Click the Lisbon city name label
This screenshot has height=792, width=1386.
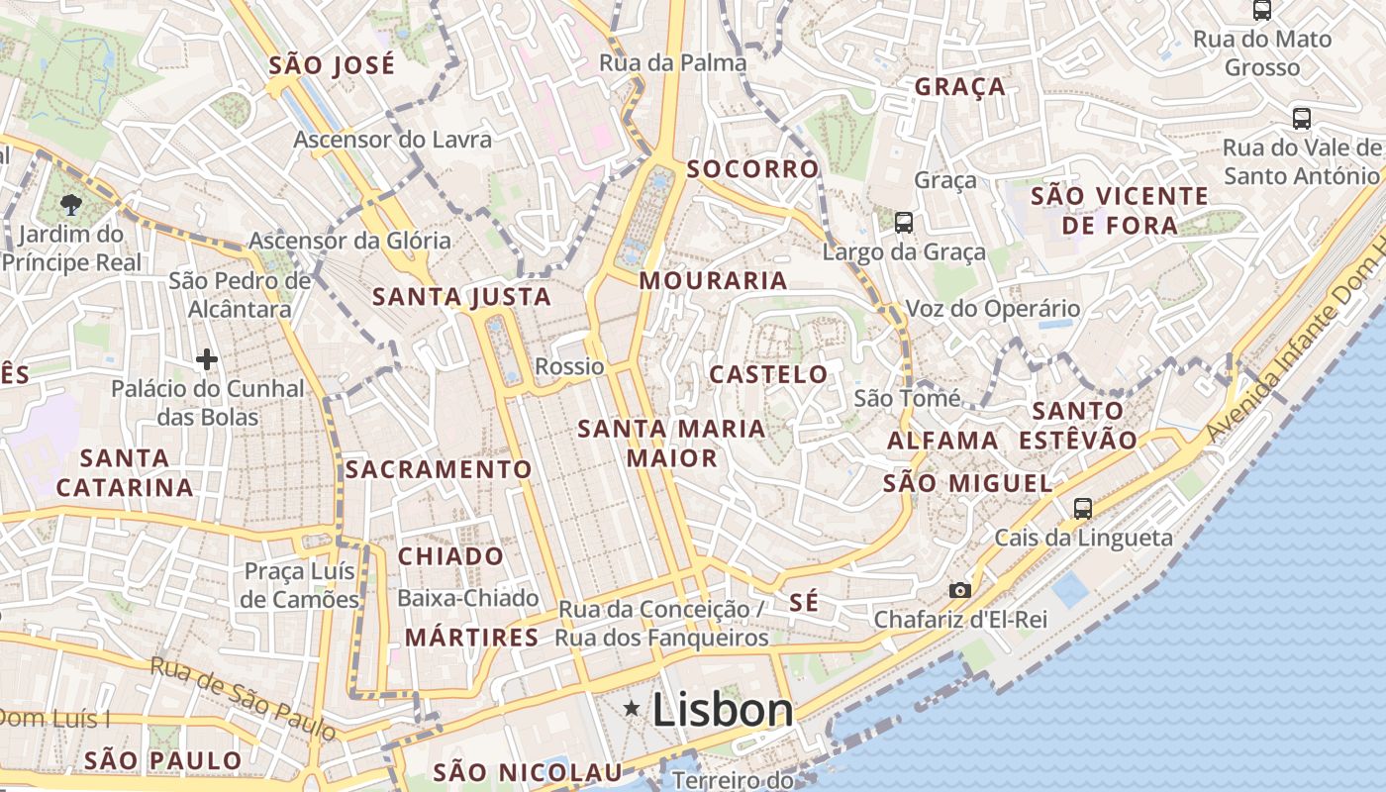coord(723,710)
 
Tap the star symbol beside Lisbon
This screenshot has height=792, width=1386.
coord(632,708)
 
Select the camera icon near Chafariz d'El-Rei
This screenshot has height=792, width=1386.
coord(959,590)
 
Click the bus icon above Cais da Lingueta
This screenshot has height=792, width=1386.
coord(1083,509)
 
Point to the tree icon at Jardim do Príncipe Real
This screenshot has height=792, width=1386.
coord(70,205)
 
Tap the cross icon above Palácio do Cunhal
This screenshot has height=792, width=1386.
coord(206,358)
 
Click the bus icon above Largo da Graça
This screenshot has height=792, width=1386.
coord(903,223)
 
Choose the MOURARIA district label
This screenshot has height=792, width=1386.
coord(713,281)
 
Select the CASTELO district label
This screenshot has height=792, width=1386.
coord(768,374)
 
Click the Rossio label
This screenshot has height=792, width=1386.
coord(569,366)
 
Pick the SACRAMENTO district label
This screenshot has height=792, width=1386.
coord(438,469)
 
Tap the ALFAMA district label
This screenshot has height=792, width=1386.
coord(942,441)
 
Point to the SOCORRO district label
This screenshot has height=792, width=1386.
coord(752,169)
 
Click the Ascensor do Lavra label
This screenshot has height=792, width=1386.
coord(392,140)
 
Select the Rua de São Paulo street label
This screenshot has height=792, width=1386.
coord(243,697)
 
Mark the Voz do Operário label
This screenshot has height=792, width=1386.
coord(992,309)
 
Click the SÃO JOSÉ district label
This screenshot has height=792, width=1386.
coord(332,66)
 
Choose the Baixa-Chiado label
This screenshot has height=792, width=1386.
coord(467,598)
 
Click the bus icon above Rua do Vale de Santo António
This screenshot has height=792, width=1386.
coord(1301,119)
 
